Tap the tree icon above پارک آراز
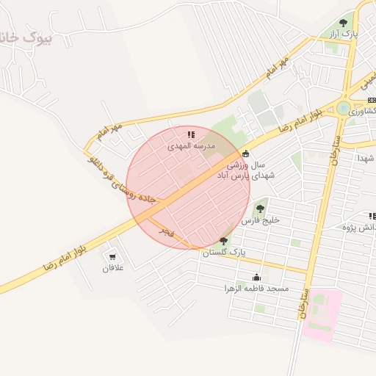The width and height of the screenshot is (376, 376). [343, 23]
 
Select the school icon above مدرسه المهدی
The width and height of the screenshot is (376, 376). [191, 134]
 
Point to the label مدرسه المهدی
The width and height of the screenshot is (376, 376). [191, 146]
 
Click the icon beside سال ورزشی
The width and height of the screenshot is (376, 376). [245, 154]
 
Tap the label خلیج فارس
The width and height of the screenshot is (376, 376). [261, 220]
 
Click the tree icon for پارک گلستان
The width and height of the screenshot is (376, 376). [223, 241]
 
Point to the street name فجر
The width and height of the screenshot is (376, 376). [167, 232]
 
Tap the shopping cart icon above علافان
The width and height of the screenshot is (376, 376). [112, 256]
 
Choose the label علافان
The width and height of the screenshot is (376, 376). [114, 268]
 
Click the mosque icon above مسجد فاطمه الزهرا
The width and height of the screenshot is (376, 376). [256, 277]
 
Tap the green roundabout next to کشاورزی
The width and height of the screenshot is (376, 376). [343, 108]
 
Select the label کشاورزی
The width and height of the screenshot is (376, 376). [364, 112]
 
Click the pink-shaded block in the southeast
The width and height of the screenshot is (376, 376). [322, 314]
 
